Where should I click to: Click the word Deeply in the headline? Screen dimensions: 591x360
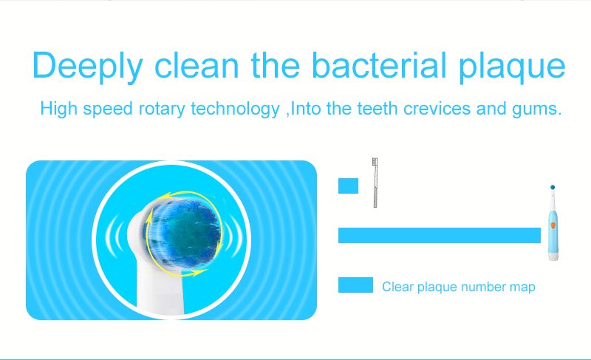click(x=87, y=67)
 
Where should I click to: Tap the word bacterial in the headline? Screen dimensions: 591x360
click(x=379, y=65)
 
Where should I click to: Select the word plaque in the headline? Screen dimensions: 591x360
click(x=512, y=67)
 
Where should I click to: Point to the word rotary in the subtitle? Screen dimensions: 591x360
click(x=162, y=109)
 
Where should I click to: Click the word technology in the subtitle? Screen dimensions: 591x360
click(x=235, y=109)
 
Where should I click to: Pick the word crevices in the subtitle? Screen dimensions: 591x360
click(x=437, y=109)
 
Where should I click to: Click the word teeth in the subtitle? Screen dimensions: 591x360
click(x=378, y=109)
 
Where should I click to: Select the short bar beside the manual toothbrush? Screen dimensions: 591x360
click(x=348, y=186)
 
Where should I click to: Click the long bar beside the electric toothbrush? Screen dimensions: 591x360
click(x=440, y=235)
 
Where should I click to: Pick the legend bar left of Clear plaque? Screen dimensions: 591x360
click(x=355, y=285)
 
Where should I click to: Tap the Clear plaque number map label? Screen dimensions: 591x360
click(x=459, y=287)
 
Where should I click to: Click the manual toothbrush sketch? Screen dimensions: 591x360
click(x=375, y=183)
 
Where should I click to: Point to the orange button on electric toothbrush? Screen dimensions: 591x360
click(x=553, y=225)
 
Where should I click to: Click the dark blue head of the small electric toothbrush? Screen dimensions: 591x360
click(x=553, y=187)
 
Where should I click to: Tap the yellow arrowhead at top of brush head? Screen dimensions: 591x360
click(x=164, y=196)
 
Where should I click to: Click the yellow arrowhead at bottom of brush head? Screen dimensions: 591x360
click(x=199, y=272)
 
